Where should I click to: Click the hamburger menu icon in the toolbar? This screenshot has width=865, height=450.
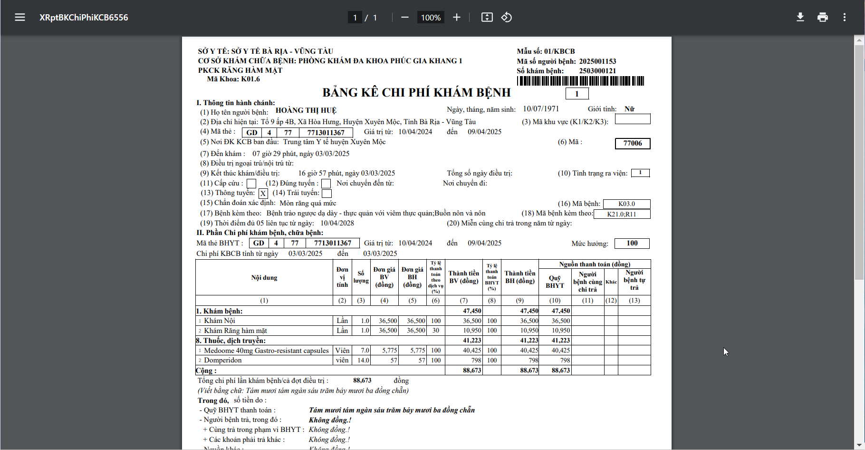click(x=20, y=18)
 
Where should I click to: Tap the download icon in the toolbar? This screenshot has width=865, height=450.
click(x=800, y=18)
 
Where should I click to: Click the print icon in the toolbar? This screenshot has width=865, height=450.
click(x=823, y=18)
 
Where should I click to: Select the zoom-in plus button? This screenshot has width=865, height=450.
click(x=457, y=18)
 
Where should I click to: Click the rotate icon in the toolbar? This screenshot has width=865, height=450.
click(x=507, y=18)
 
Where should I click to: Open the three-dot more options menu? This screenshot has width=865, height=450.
click(x=845, y=18)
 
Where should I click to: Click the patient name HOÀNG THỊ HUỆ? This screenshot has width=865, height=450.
click(x=306, y=110)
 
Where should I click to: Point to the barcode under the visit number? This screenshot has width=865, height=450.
click(x=580, y=81)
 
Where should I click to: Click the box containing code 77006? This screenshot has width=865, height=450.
click(x=633, y=143)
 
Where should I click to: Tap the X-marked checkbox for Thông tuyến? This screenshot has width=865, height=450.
click(x=263, y=194)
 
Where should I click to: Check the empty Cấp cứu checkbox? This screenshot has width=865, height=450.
click(x=251, y=184)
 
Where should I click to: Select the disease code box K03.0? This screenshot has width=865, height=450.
click(x=626, y=204)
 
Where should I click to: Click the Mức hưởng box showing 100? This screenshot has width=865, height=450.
click(x=632, y=244)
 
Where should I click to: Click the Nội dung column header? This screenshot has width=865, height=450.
click(x=264, y=278)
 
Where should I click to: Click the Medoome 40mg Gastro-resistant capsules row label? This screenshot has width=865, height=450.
click(x=266, y=351)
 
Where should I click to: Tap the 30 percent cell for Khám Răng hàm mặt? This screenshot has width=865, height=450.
click(x=436, y=331)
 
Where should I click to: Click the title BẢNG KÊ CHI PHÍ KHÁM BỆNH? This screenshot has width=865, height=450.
click(x=416, y=92)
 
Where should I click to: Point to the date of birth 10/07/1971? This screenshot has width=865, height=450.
click(x=541, y=109)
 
